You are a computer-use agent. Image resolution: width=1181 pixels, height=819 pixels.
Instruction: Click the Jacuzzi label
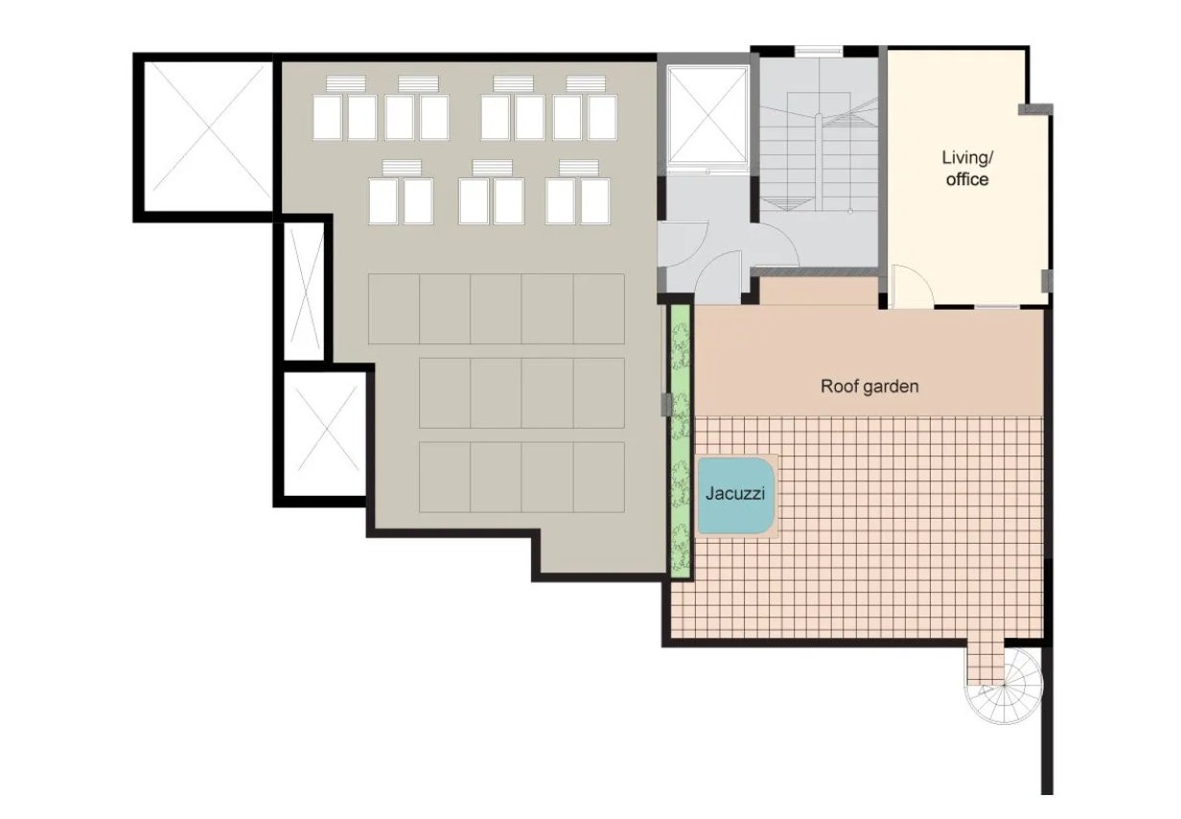click(x=735, y=494)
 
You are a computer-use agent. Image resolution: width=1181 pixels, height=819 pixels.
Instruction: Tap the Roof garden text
click(x=869, y=386)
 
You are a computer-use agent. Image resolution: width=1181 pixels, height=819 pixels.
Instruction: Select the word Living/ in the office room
click(x=967, y=157)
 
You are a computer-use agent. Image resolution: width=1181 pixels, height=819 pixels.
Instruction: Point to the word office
click(x=967, y=179)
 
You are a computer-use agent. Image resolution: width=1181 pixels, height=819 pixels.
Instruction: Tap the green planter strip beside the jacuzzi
click(x=681, y=442)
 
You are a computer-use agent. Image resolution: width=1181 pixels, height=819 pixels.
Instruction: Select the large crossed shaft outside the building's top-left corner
click(x=207, y=137)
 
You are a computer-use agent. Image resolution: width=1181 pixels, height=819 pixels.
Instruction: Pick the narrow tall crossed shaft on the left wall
click(x=304, y=292)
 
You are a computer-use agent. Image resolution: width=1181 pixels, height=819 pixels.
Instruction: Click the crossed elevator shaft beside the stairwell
click(x=707, y=114)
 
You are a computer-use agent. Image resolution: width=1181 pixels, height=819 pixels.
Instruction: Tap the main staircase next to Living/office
click(x=819, y=158)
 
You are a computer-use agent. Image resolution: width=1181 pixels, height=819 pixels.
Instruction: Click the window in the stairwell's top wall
click(x=819, y=51)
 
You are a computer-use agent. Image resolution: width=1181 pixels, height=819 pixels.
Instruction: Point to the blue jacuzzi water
click(x=736, y=496)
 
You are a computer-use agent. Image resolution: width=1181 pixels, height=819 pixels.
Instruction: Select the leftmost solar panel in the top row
click(x=328, y=118)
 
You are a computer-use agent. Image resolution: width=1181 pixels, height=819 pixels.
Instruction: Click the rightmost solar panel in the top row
click(x=602, y=118)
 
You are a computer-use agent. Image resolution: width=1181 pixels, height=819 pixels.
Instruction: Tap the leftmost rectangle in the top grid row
click(x=394, y=309)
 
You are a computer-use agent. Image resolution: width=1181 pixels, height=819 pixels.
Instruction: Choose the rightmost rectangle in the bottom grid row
click(x=599, y=477)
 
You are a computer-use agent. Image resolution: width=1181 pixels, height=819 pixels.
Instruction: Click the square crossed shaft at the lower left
click(x=325, y=433)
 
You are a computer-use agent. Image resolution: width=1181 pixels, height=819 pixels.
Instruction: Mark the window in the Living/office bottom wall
click(x=997, y=306)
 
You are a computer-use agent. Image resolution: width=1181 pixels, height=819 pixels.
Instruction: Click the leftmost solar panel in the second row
click(x=382, y=201)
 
